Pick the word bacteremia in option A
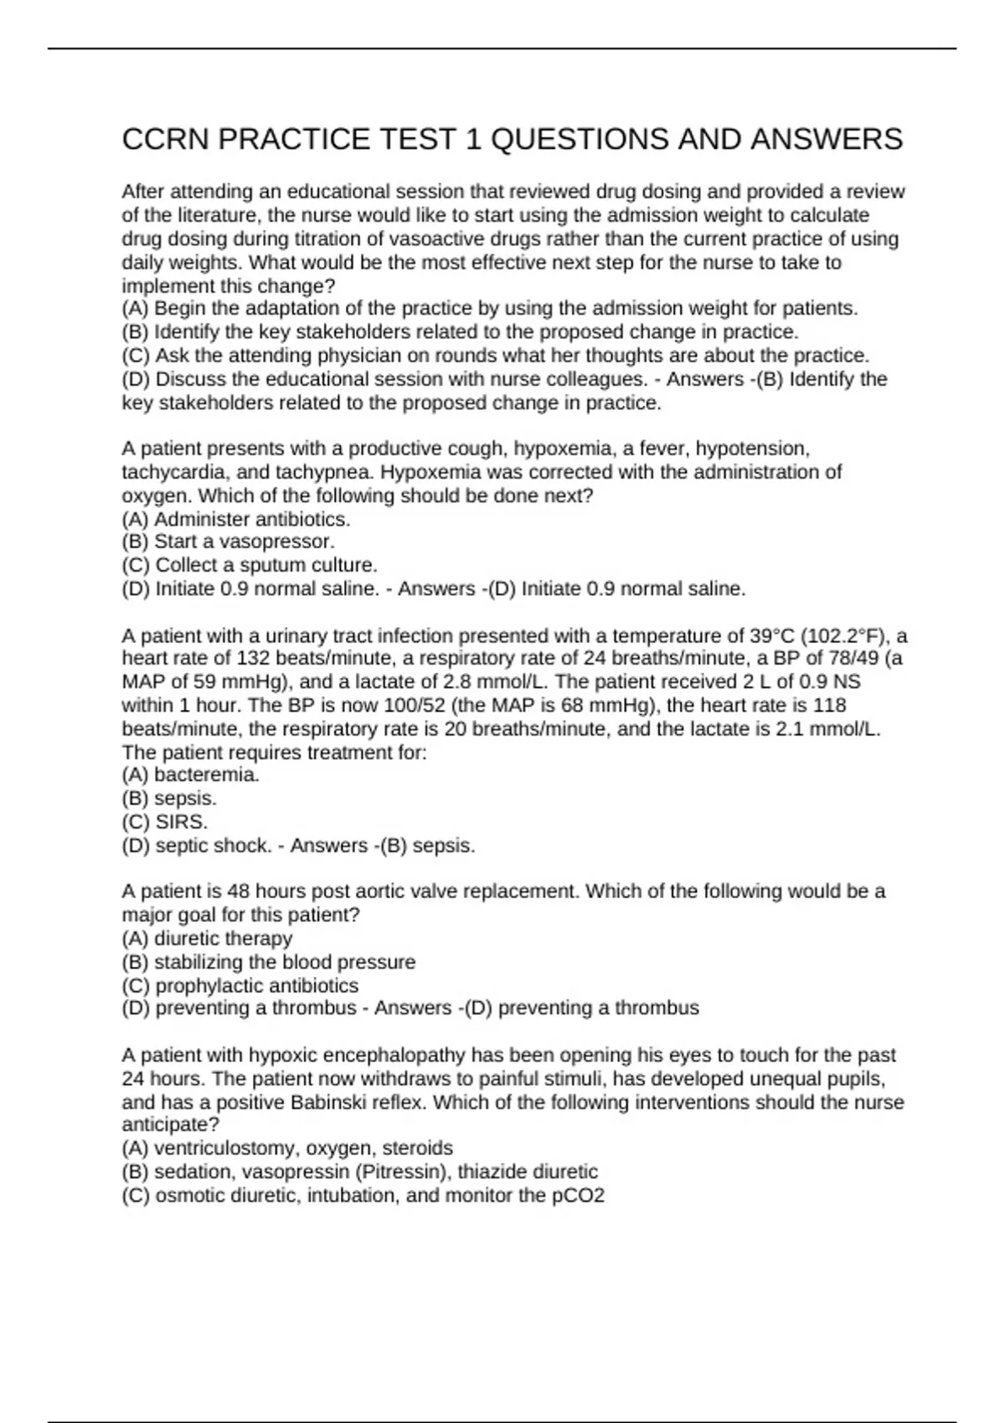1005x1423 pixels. pos(206,775)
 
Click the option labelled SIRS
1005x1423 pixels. pos(181,822)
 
